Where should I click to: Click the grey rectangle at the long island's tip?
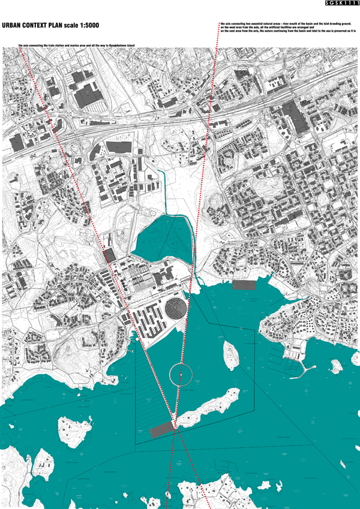coord(161,429)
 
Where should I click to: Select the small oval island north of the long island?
coord(230,355)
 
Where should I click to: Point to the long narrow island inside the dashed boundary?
coord(207,408)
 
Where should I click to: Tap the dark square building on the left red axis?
coord(109,256)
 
